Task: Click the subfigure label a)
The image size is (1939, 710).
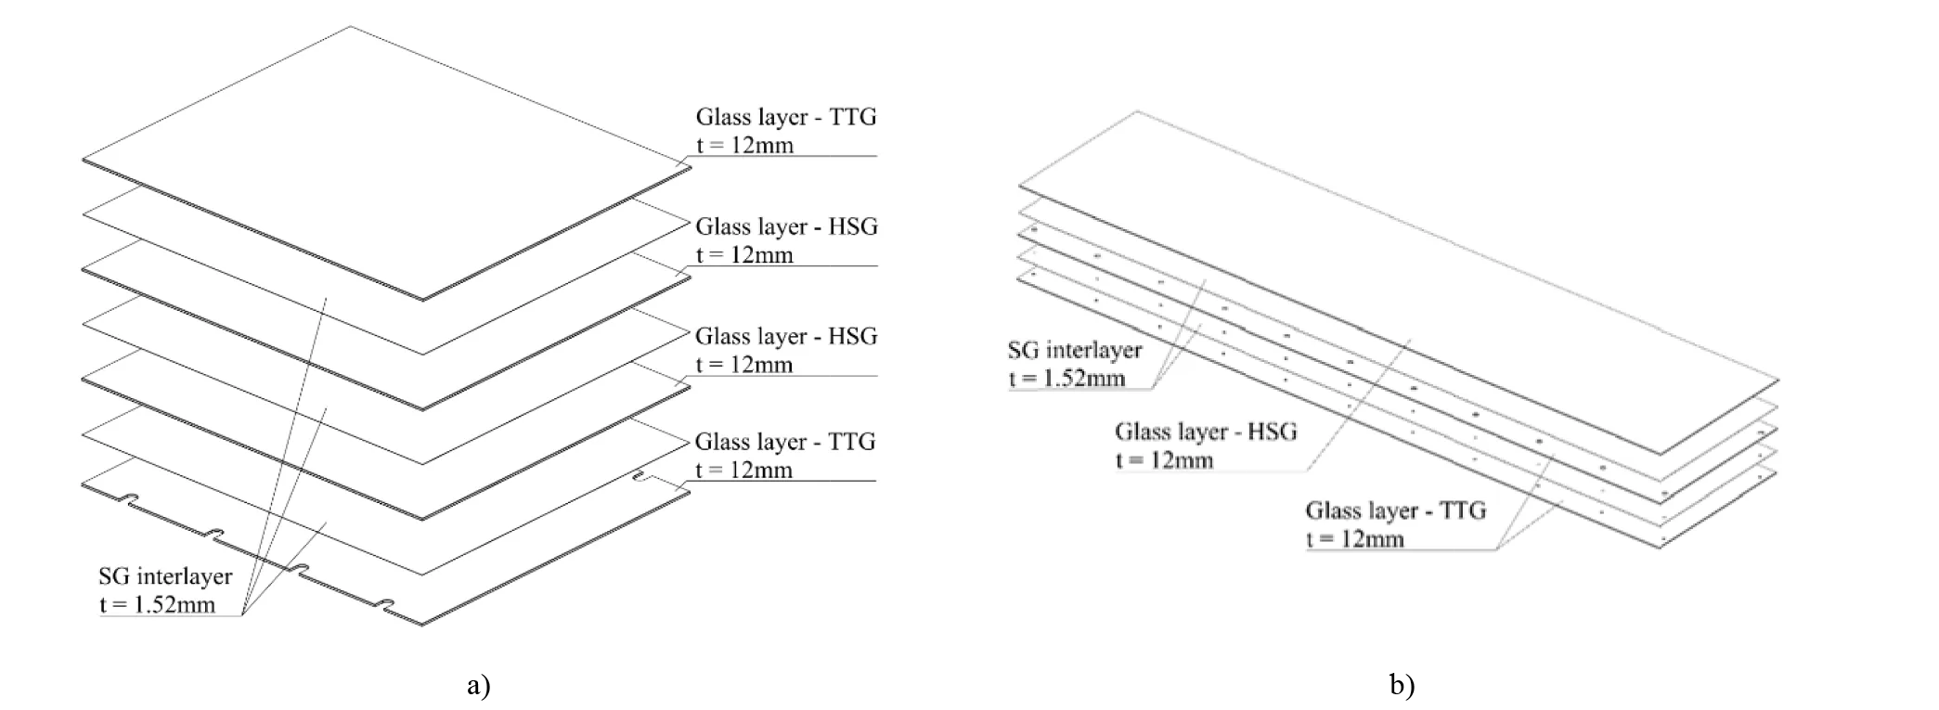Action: coord(479,686)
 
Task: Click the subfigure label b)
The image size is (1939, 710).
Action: coord(1403,686)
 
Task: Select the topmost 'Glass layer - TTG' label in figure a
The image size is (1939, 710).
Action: coord(786,117)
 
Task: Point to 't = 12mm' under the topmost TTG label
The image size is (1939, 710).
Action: coord(745,145)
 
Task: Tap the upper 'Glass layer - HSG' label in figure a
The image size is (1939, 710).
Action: coord(786,226)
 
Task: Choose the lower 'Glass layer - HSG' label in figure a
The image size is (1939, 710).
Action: coord(786,336)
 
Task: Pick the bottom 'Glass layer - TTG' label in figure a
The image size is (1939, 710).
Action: coord(785,442)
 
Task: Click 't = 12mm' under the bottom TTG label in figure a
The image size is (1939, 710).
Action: coord(744,470)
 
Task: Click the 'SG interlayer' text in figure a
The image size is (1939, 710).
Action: coord(165,576)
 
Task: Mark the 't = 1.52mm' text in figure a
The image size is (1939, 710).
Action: coord(157,605)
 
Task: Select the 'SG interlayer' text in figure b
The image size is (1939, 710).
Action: coord(1075,350)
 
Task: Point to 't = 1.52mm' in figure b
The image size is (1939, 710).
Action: coord(1066,379)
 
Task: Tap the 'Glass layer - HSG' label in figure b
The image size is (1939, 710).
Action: coord(1206,432)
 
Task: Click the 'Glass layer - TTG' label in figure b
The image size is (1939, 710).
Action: coord(1396,510)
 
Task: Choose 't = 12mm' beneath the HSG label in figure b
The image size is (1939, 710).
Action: coord(1164,460)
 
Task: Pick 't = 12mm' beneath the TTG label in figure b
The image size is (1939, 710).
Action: coord(1354,539)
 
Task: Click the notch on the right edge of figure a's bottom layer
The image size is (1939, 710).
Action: coord(641,478)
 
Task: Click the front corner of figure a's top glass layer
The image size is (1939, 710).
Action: coord(423,300)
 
